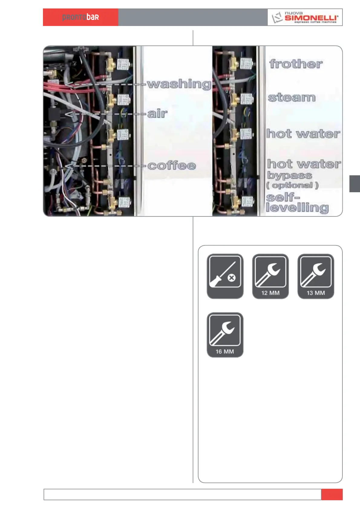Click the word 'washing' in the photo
pyautogui.click(x=179, y=84)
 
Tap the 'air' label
pyautogui.click(x=157, y=114)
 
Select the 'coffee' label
pyautogui.click(x=172, y=165)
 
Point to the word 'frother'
pyautogui.click(x=296, y=64)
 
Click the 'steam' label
pyautogui.click(x=292, y=97)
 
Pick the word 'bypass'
pyautogui.click(x=289, y=175)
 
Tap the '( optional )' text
pyautogui.click(x=292, y=185)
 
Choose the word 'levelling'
pyautogui.click(x=297, y=208)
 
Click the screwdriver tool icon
pyautogui.click(x=225, y=276)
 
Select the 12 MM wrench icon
pyautogui.click(x=270, y=276)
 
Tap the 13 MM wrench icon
pyautogui.click(x=316, y=276)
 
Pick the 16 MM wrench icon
pyautogui.click(x=225, y=334)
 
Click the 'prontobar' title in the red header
pyautogui.click(x=80, y=17)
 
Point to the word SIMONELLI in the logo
pyautogui.click(x=311, y=18)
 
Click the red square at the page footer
pyautogui.click(x=332, y=494)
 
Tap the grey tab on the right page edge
pyautogui.click(x=355, y=183)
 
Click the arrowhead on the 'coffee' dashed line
pyautogui.click(x=69, y=166)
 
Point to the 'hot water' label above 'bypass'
pyautogui.click(x=304, y=164)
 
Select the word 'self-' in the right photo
pyautogui.click(x=283, y=197)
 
